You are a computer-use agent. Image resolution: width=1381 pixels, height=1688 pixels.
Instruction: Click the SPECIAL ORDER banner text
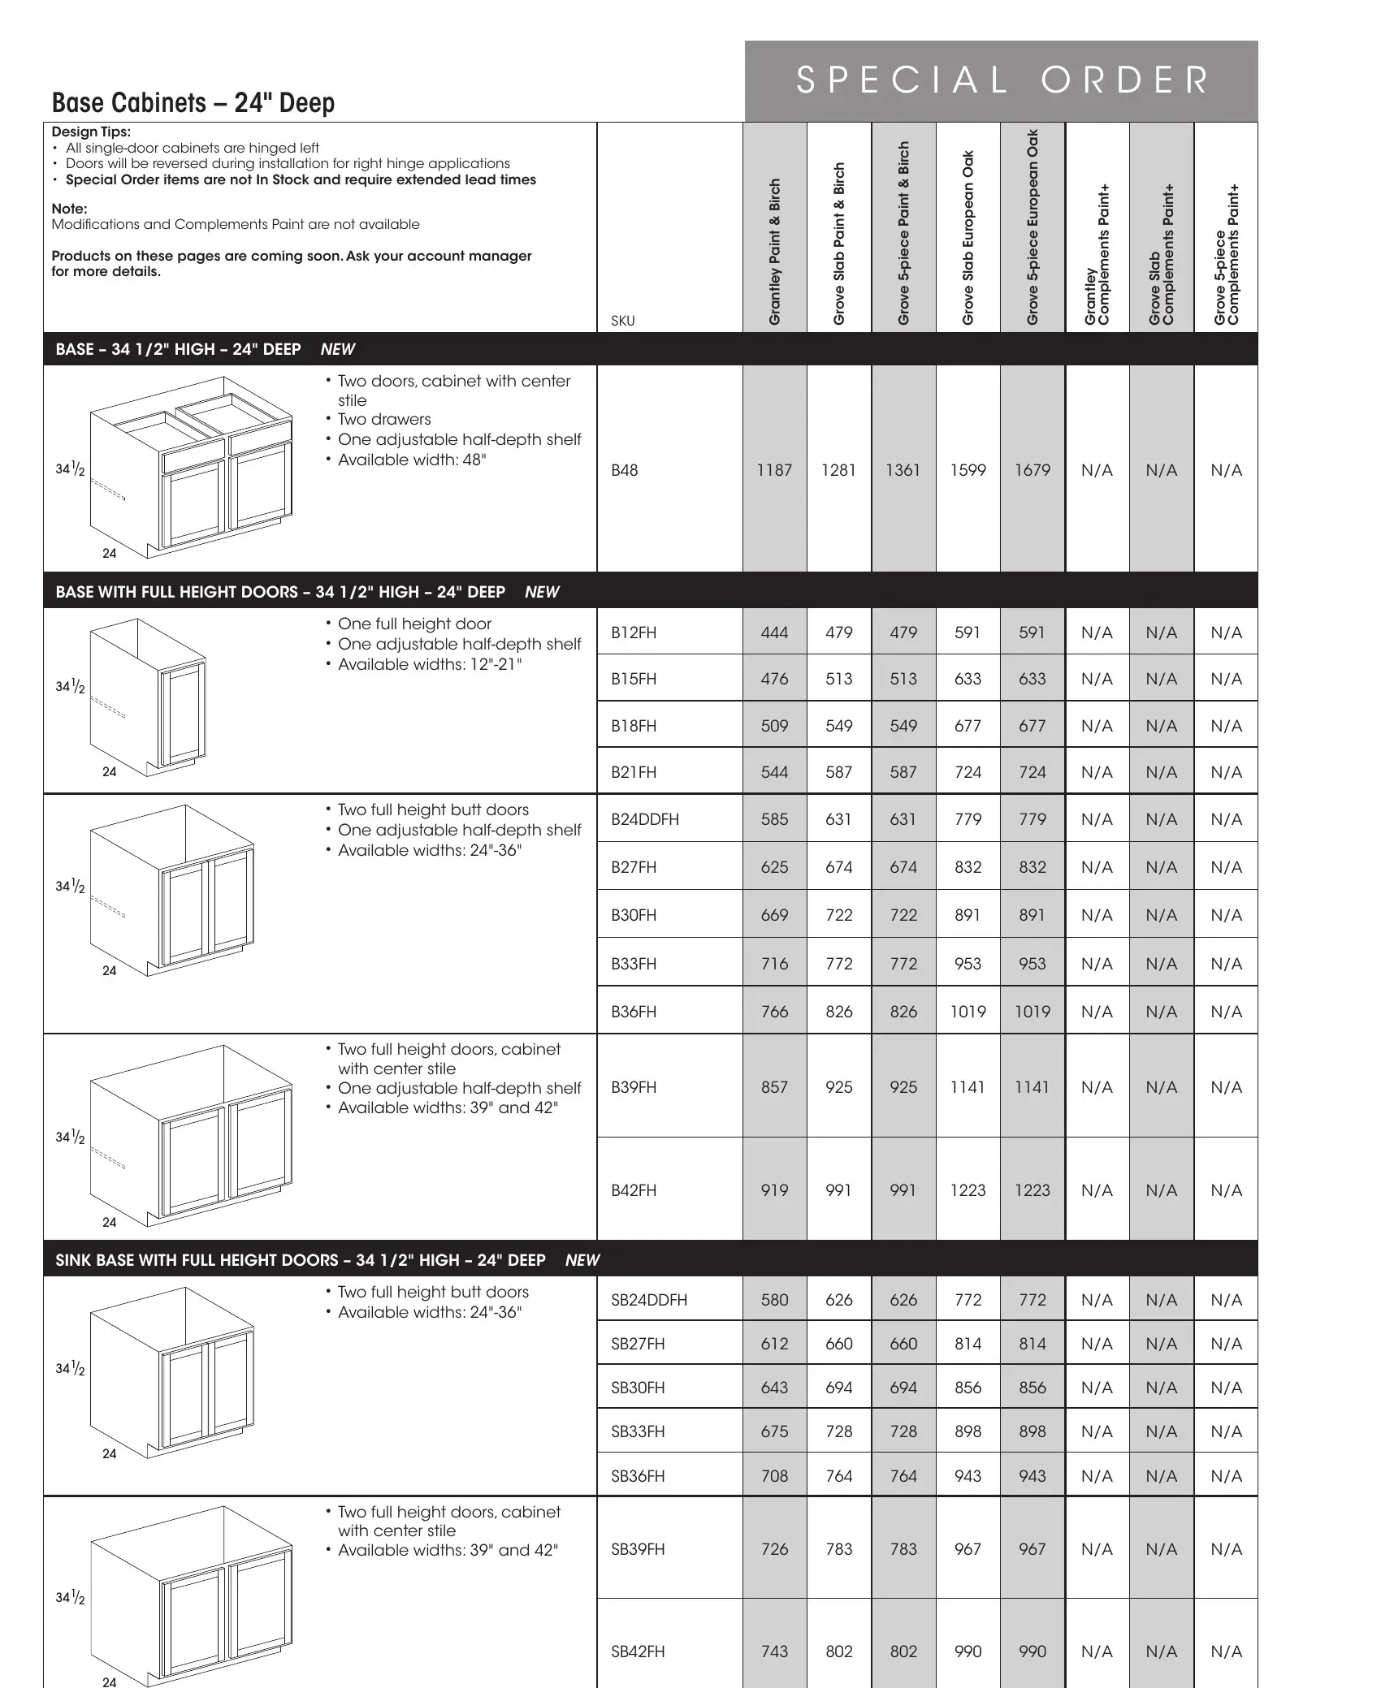pos(1002,80)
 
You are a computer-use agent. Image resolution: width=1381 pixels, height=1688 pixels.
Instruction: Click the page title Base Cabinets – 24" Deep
pos(193,103)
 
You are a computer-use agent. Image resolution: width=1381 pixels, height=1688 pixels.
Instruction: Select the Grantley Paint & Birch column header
pos(775,252)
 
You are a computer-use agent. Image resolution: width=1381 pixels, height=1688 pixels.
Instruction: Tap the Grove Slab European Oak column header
pos(968,238)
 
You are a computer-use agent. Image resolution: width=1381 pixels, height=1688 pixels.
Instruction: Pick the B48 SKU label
pos(624,470)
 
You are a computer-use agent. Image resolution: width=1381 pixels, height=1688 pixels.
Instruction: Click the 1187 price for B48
pos(774,470)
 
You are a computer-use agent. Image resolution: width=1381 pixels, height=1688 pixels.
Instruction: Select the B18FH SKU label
pos(634,726)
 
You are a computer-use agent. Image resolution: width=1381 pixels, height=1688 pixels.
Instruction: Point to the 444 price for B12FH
pos(774,632)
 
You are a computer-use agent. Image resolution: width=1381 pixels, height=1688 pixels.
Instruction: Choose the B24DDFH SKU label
pos(645,819)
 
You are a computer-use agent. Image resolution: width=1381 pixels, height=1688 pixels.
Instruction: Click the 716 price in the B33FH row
pos(774,964)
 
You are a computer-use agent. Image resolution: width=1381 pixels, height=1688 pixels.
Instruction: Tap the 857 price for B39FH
pos(774,1087)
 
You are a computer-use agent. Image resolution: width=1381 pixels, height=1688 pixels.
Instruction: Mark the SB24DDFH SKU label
pos(649,1300)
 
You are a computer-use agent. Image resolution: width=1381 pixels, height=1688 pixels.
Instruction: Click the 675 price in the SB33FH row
pos(774,1431)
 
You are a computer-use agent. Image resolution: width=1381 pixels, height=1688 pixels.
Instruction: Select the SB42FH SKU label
pos(638,1651)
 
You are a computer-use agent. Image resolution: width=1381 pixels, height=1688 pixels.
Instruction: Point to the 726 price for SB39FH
pos(774,1549)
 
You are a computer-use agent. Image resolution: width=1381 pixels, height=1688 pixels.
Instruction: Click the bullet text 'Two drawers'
pos(384,420)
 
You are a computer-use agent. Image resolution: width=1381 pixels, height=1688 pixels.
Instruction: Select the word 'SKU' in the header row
pos(623,321)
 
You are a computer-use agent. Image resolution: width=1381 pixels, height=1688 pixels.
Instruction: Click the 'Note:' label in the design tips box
pos(69,209)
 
